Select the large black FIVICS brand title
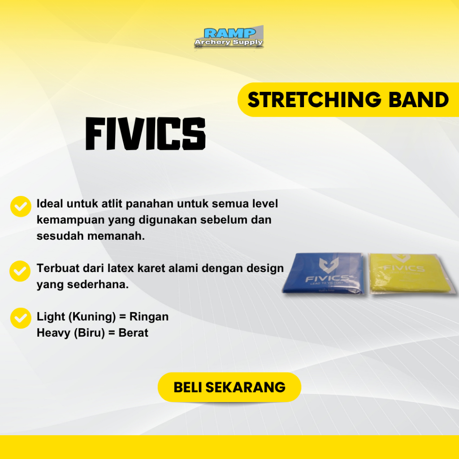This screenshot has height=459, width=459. tap(145, 134)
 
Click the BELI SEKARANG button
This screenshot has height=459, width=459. tap(229, 387)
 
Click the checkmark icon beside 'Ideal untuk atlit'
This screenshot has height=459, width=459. tap(20, 206)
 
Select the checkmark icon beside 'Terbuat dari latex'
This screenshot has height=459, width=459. tap(20, 270)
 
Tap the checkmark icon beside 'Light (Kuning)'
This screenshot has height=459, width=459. tap(20, 318)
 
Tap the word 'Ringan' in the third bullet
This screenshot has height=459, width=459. tap(149, 317)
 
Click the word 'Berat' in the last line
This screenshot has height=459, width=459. tap(133, 333)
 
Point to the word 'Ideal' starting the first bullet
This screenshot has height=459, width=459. tap(50, 204)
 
